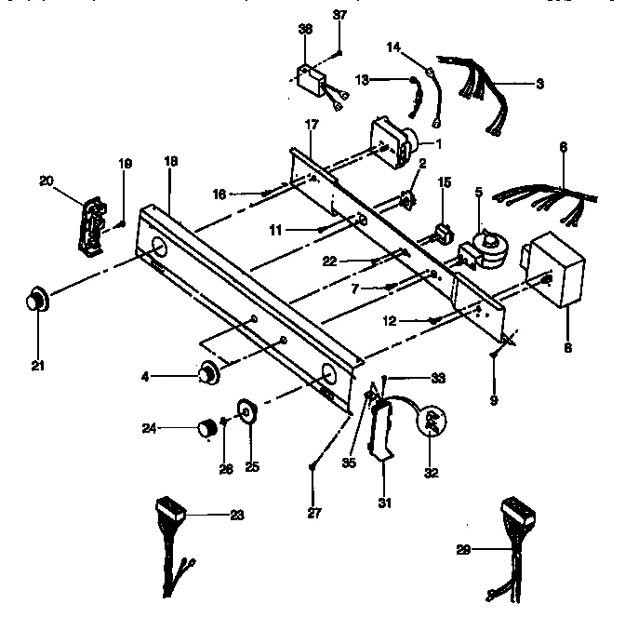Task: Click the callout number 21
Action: tap(37, 341)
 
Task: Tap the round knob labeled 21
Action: tap(38, 301)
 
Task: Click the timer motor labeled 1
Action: tap(395, 141)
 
